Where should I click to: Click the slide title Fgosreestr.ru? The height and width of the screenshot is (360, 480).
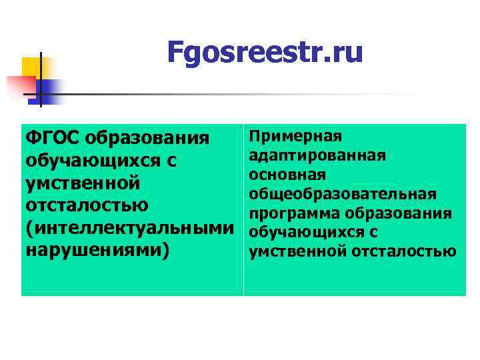point(265,52)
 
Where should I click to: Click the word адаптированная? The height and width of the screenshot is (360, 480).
point(317,155)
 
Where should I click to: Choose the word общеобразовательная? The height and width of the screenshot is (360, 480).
point(343,194)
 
